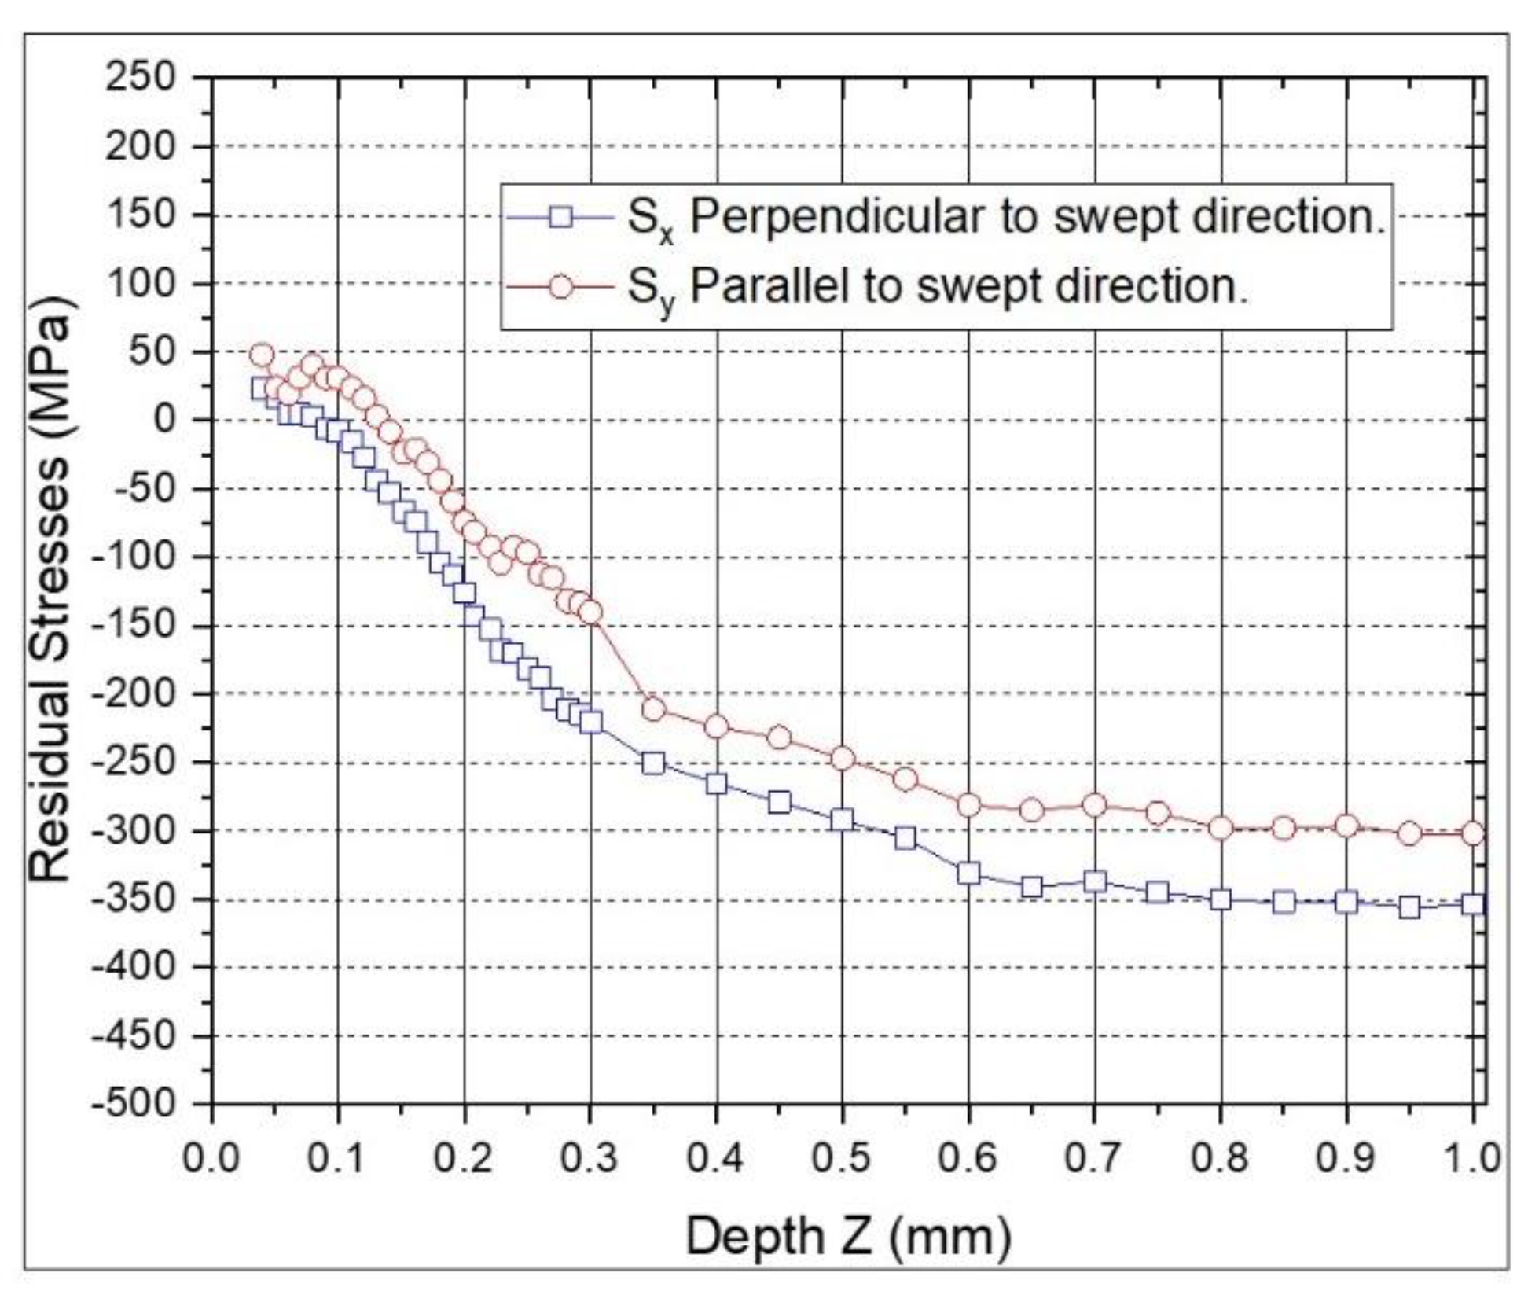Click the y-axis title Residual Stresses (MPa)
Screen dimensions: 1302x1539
tap(50, 590)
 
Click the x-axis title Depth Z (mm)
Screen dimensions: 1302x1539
tap(848, 1235)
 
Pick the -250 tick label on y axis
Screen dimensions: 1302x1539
tap(134, 762)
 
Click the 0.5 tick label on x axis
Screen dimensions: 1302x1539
tap(843, 1158)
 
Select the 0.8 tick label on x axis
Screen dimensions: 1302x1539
tap(1221, 1158)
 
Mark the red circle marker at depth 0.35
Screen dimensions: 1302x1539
tap(653, 709)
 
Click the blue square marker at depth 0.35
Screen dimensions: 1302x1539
tap(653, 763)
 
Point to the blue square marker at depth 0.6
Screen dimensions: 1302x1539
tap(969, 873)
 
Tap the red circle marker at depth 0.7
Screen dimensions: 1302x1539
tap(1095, 804)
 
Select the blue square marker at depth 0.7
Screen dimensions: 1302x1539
tap(1095, 882)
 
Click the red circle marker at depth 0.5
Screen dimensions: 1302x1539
tap(843, 759)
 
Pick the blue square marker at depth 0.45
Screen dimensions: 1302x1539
tap(780, 802)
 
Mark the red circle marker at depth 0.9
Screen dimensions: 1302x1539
tap(1347, 826)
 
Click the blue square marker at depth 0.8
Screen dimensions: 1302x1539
tap(1221, 899)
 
